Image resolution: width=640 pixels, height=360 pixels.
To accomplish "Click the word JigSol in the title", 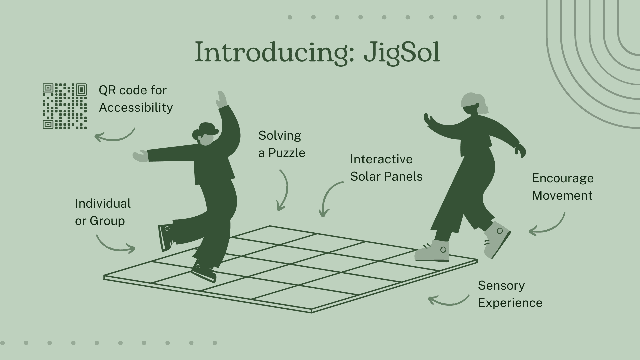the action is click(402, 53).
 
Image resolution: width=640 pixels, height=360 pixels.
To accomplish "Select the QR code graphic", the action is click(65, 106).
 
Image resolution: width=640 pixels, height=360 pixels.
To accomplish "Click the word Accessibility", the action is click(136, 108).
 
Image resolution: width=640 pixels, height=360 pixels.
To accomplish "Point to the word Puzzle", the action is click(287, 153).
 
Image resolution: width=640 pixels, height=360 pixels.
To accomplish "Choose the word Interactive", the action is click(381, 159).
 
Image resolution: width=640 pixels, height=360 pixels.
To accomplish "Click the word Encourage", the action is click(563, 178).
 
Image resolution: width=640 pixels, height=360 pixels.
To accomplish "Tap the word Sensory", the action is click(501, 286).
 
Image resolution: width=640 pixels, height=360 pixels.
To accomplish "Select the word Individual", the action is click(103, 204).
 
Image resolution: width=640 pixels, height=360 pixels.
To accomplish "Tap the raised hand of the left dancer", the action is click(221, 99).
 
